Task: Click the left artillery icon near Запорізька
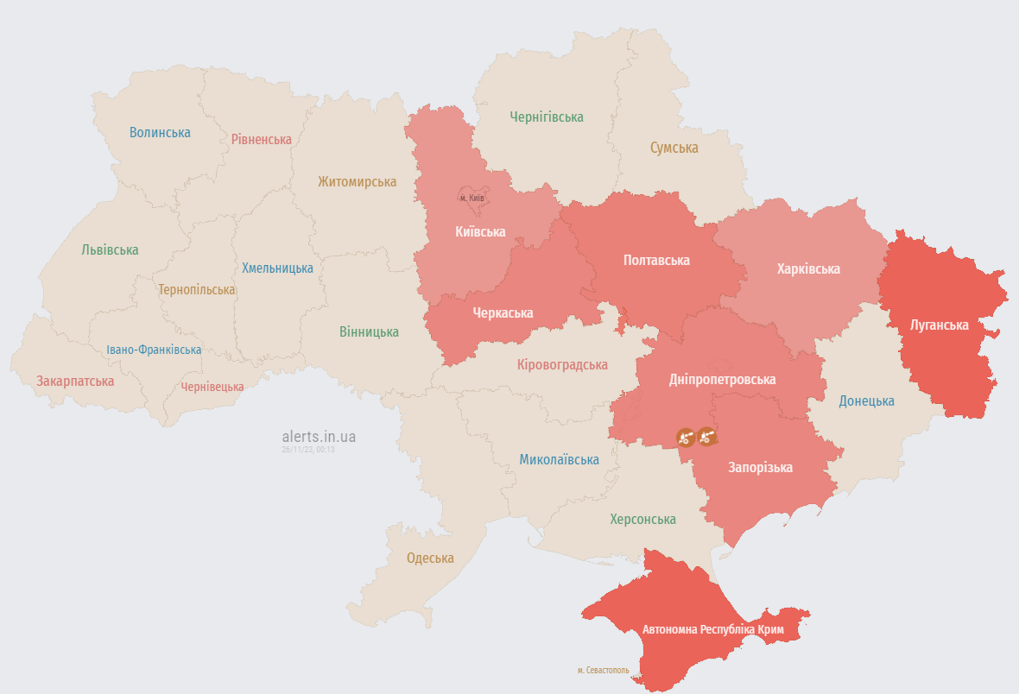tap(686, 438)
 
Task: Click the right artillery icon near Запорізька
tap(708, 438)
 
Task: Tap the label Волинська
tap(160, 132)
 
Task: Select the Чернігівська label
tap(547, 117)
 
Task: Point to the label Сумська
tap(674, 148)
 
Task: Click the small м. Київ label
tap(472, 198)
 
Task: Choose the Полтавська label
tap(657, 260)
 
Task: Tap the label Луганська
tap(940, 325)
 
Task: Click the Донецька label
tap(867, 401)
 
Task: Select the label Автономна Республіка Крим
tap(713, 630)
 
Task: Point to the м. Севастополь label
tap(604, 670)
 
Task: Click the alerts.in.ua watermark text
tap(319, 437)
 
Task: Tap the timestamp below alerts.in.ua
tap(307, 450)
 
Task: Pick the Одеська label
tap(430, 558)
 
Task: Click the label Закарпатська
tap(75, 381)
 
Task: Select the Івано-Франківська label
tap(154, 350)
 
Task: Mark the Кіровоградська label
tap(562, 364)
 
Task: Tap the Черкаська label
tap(503, 312)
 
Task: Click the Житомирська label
tap(357, 181)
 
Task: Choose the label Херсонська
tap(642, 519)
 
